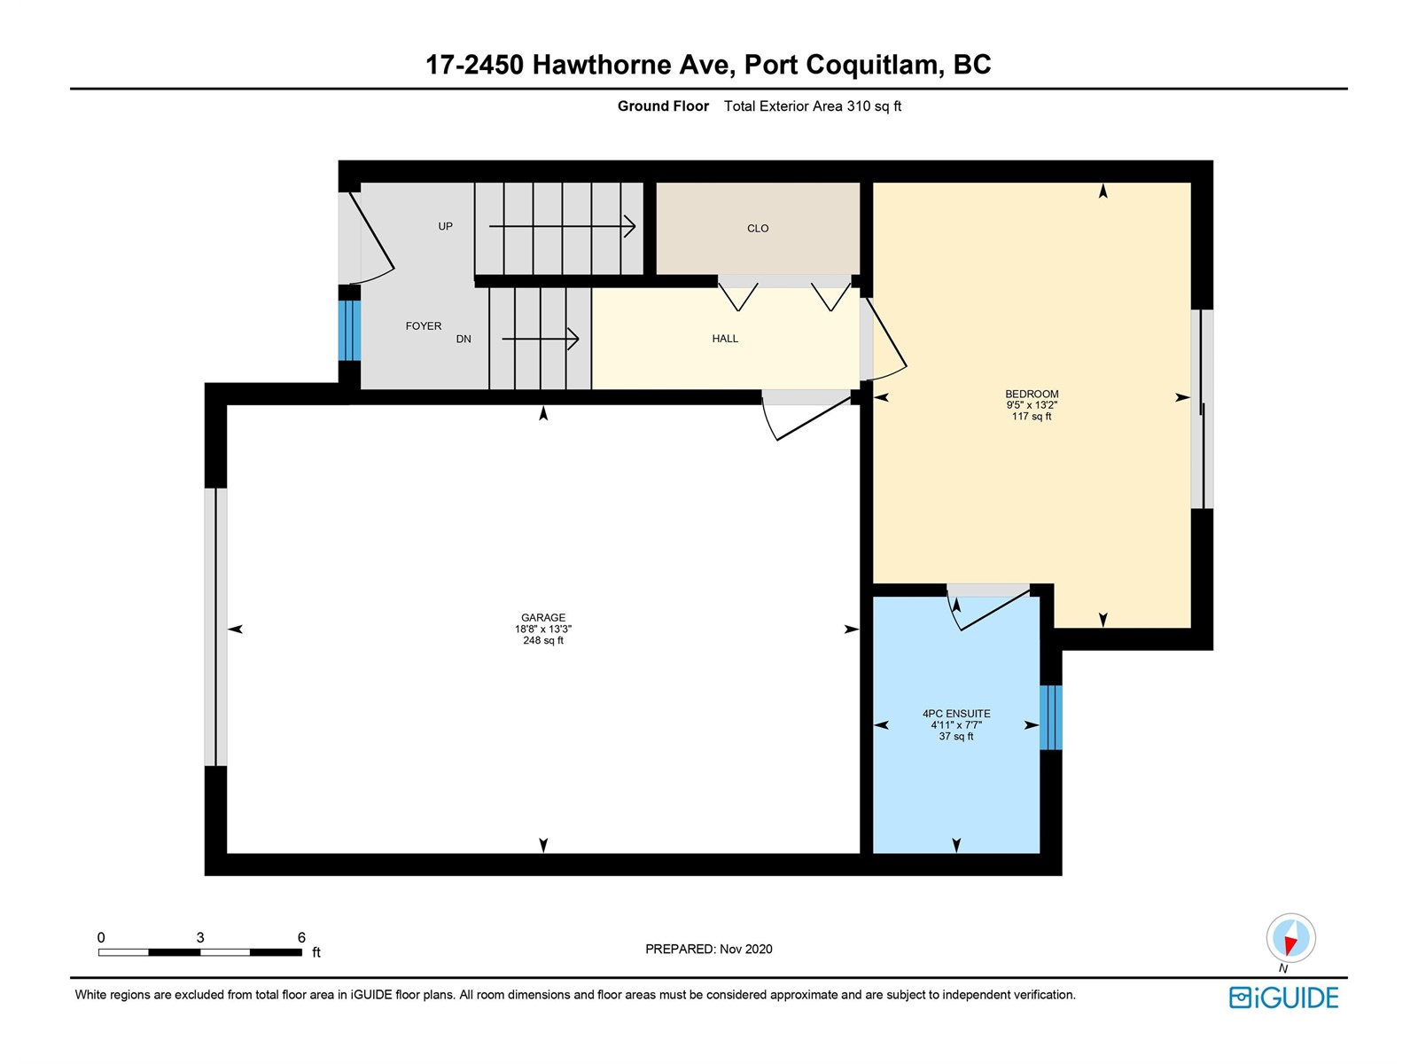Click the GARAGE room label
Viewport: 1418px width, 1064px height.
point(542,618)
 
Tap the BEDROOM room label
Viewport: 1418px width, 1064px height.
point(1031,394)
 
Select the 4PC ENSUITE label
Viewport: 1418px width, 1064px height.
point(956,713)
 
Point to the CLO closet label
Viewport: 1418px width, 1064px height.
point(758,228)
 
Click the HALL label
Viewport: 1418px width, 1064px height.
point(725,339)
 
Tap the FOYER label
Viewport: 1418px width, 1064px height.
point(423,326)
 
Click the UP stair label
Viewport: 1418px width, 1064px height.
point(445,226)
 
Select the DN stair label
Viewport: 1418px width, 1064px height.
point(464,339)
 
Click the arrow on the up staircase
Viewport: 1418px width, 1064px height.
point(562,226)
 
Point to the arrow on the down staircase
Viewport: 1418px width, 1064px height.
point(540,339)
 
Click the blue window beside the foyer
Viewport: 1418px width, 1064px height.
point(349,331)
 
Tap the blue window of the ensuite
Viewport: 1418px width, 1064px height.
point(1050,717)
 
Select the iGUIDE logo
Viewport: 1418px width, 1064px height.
point(1283,997)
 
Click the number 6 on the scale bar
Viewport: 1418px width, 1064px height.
point(301,936)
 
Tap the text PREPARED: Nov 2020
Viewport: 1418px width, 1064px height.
point(709,949)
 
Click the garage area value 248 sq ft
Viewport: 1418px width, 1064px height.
point(542,640)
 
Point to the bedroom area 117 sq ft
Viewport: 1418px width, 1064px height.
point(1031,417)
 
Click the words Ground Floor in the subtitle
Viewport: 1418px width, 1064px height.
point(663,106)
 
